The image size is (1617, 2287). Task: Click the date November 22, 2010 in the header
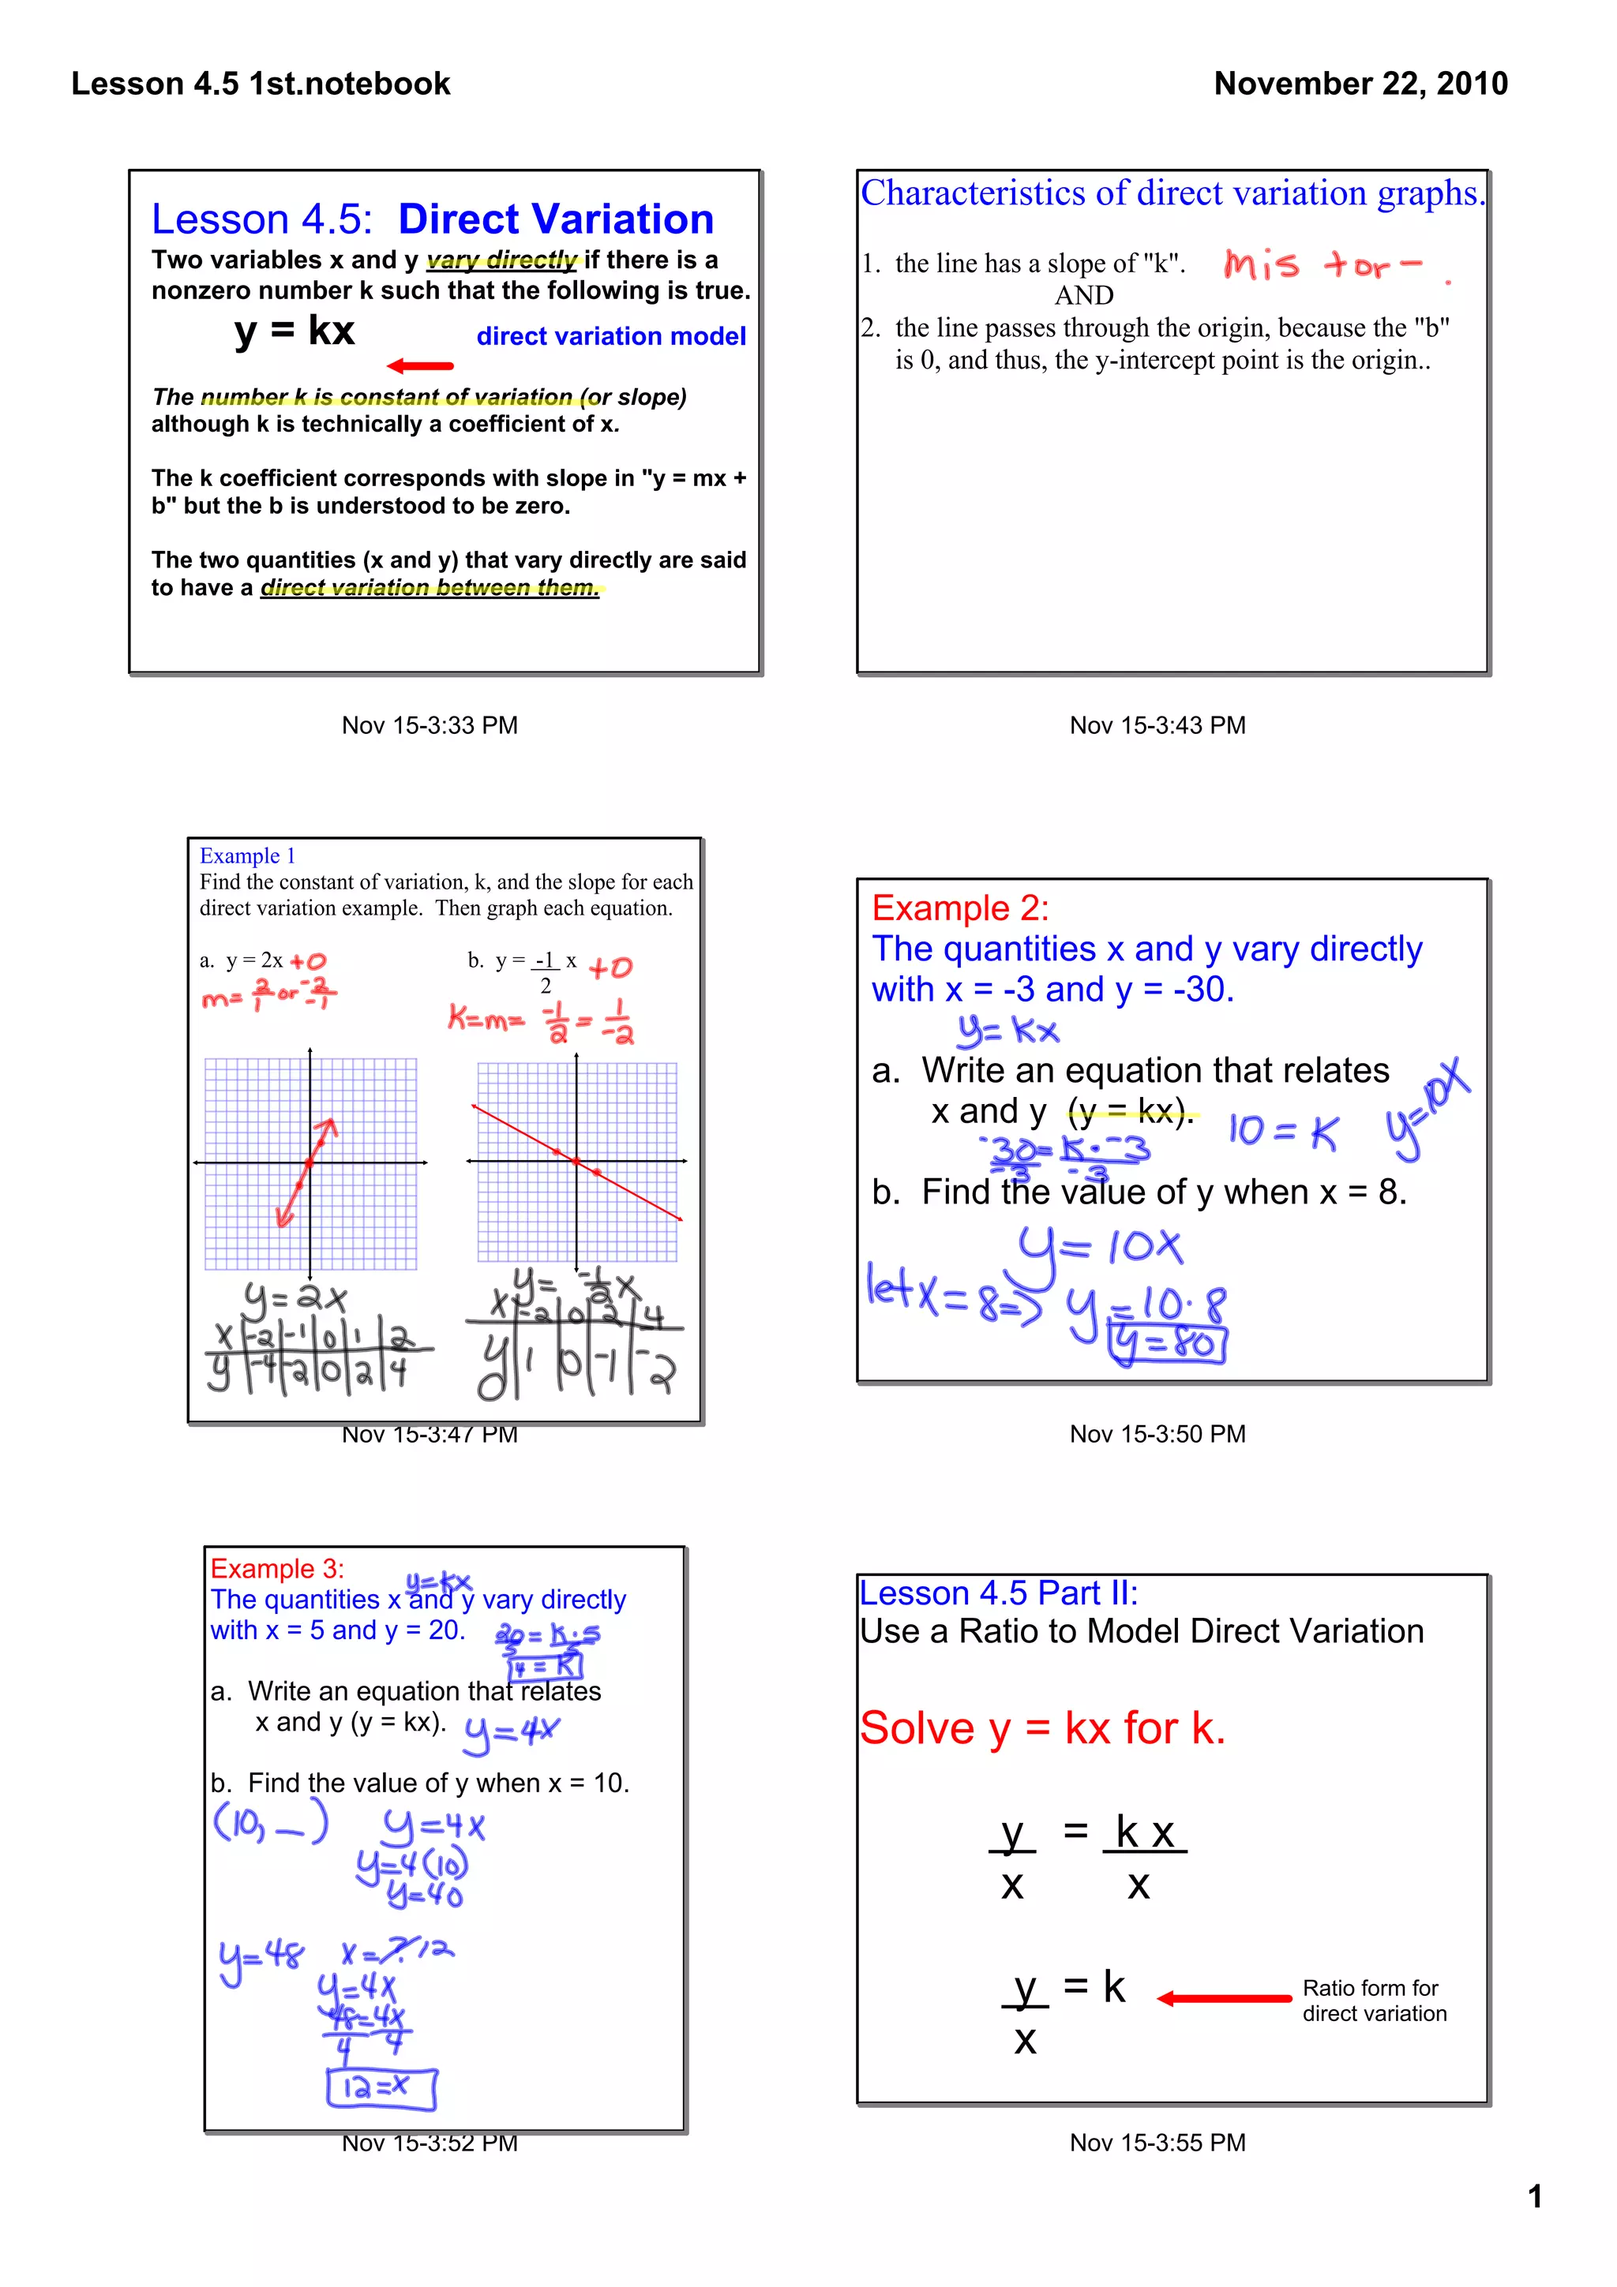pyautogui.click(x=1360, y=84)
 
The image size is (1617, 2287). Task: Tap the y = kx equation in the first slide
pyautogui.click(x=295, y=331)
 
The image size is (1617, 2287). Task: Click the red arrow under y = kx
pyautogui.click(x=421, y=365)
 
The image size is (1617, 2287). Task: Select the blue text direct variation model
pyautogui.click(x=611, y=337)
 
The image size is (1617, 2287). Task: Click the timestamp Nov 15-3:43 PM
pyautogui.click(x=1157, y=725)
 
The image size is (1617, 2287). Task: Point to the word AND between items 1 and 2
pyautogui.click(x=1084, y=296)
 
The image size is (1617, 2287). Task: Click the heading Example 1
pyautogui.click(x=247, y=855)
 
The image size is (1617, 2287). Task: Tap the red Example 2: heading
pyautogui.click(x=959, y=908)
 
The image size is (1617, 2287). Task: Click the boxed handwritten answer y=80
pyautogui.click(x=1168, y=1344)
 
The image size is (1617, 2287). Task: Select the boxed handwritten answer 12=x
pyautogui.click(x=381, y=2088)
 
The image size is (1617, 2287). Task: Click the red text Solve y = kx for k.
pyautogui.click(x=1042, y=1728)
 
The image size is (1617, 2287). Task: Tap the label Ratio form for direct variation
pyautogui.click(x=1373, y=2000)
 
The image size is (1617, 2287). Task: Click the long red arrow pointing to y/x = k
pyautogui.click(x=1224, y=1998)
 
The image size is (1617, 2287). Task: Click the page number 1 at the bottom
pyautogui.click(x=1534, y=2196)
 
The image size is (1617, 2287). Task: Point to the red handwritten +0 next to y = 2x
pyautogui.click(x=308, y=961)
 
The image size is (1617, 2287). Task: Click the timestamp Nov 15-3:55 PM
pyautogui.click(x=1157, y=2143)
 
